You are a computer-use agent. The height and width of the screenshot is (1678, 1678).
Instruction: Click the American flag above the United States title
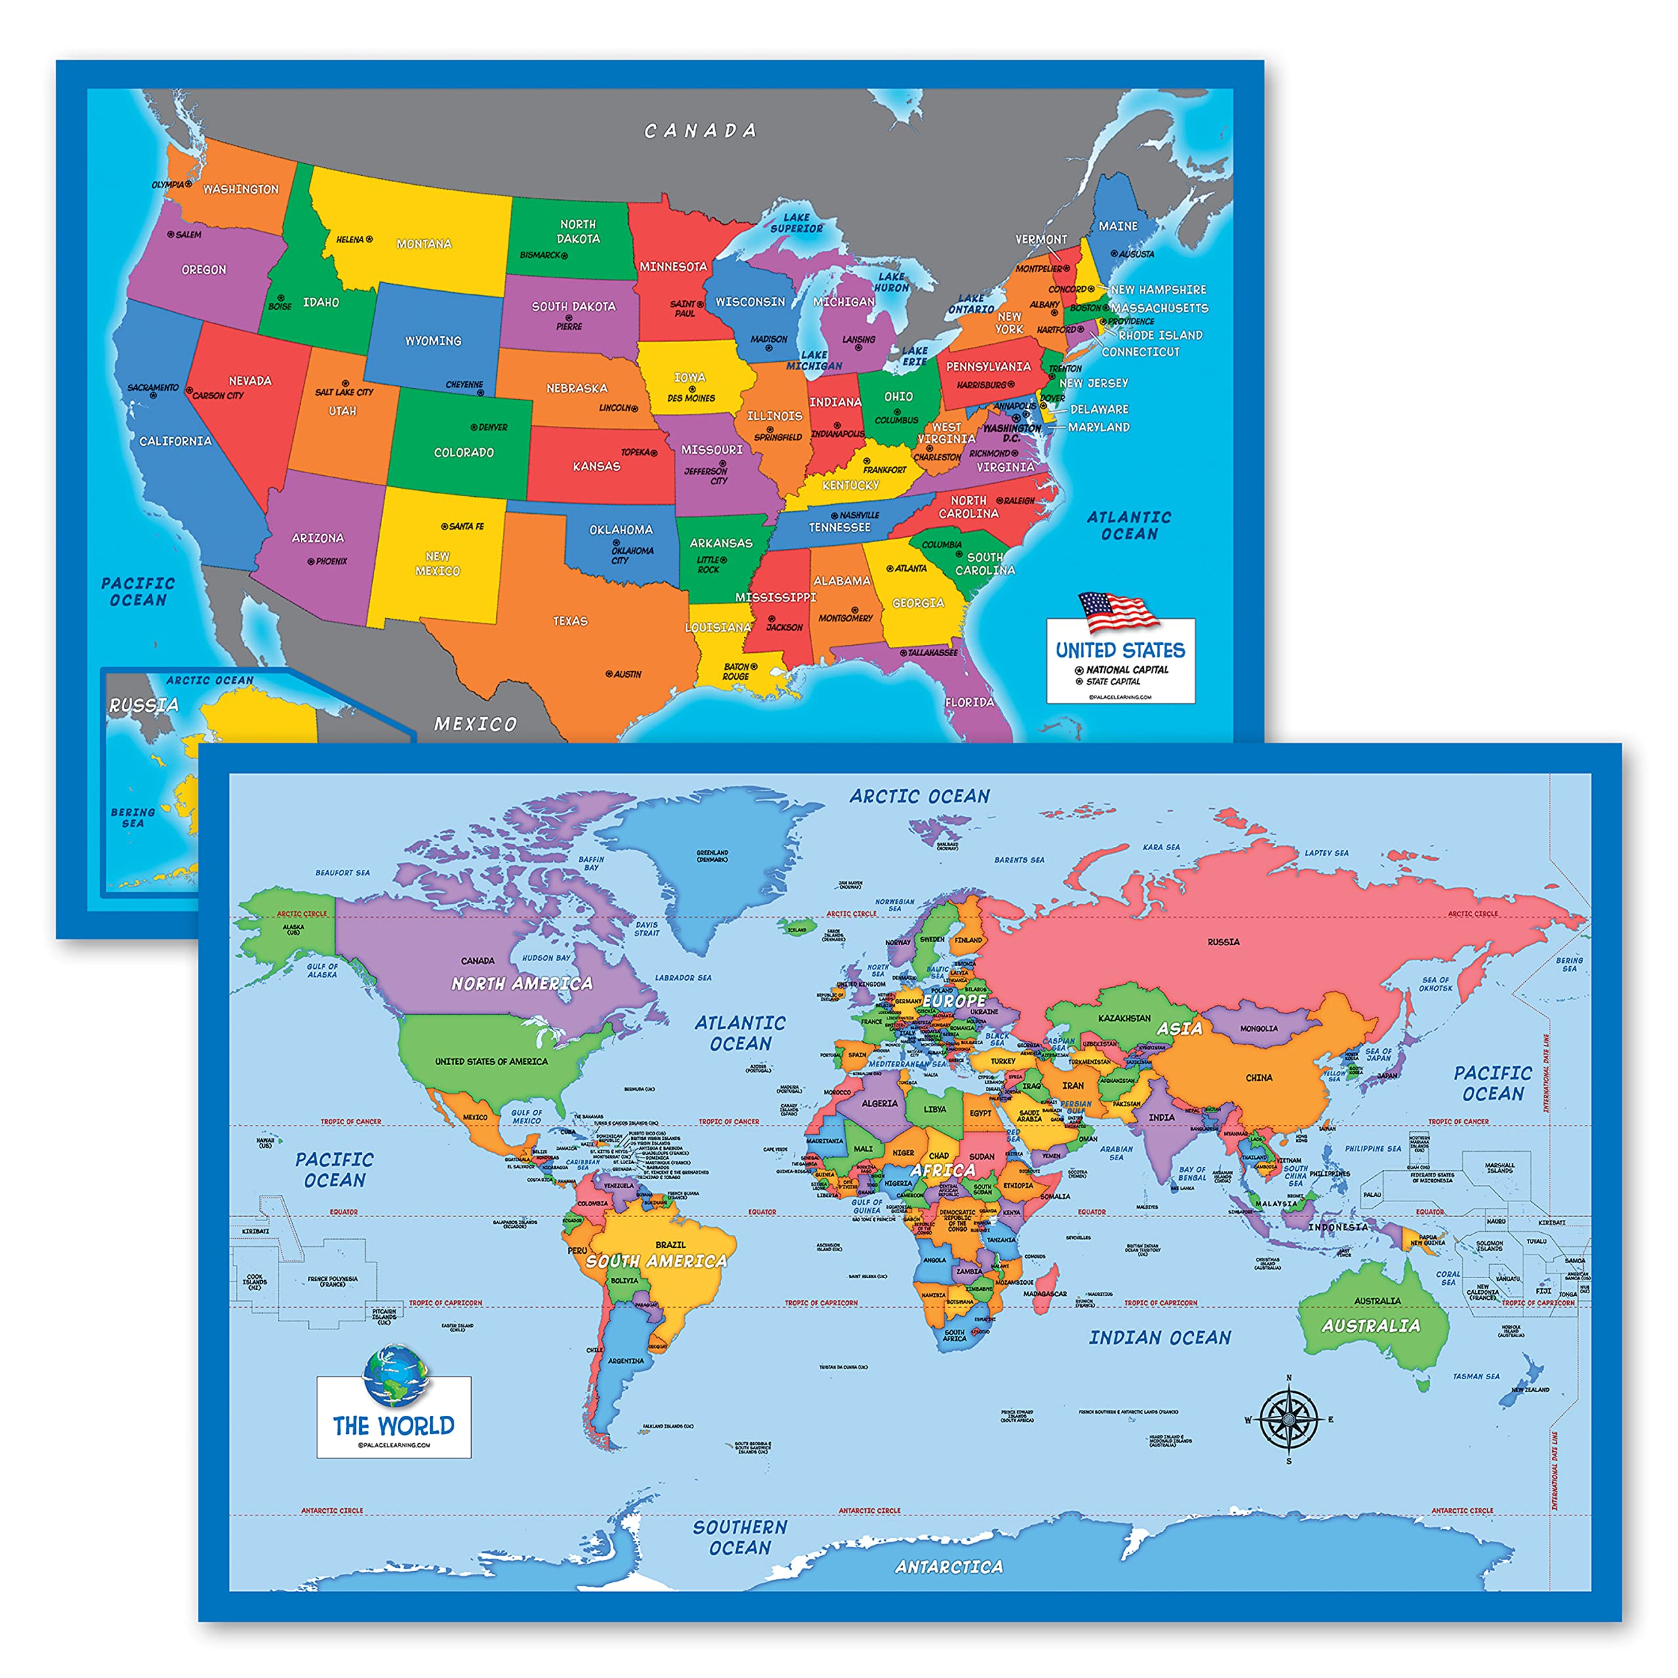(x=1118, y=611)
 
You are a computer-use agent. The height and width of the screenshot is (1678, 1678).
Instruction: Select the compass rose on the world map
(x=1288, y=1419)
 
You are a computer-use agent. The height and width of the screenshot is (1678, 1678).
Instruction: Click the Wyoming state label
(x=433, y=340)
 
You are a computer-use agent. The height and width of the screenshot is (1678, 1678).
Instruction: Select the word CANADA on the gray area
(x=700, y=131)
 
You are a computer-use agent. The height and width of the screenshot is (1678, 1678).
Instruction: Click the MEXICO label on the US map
(x=475, y=724)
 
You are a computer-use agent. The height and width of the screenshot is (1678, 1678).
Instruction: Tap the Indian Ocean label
(x=1160, y=1338)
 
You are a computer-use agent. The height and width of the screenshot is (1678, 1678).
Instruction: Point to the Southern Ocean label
(x=740, y=1537)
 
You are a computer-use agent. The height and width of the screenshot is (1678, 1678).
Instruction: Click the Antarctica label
(x=948, y=1567)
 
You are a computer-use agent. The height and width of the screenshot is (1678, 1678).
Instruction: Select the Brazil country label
(x=671, y=1245)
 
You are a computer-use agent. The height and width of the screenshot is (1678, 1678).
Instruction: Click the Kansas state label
(x=596, y=467)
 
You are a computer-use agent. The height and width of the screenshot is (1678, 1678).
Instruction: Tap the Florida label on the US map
(x=969, y=702)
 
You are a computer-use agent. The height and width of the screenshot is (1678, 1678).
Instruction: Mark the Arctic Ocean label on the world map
(x=919, y=796)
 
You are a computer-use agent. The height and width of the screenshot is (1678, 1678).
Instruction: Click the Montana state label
(x=424, y=244)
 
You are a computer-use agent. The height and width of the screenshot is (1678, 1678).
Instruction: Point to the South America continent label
(x=655, y=1261)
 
